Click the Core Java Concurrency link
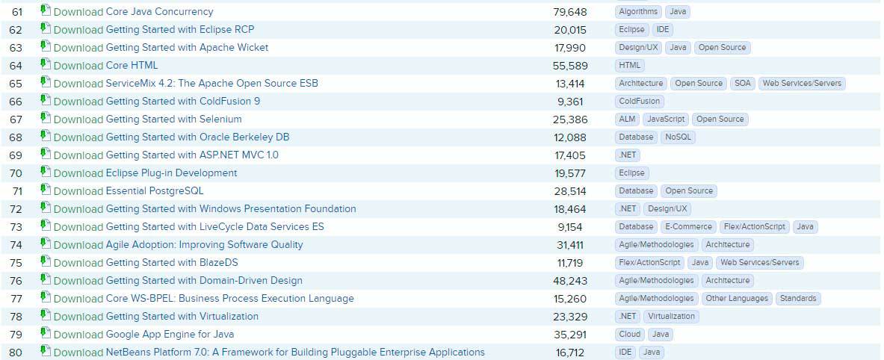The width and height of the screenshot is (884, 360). click(x=159, y=12)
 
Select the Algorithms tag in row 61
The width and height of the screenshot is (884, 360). click(x=638, y=12)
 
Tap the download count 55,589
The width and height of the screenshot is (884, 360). click(x=570, y=66)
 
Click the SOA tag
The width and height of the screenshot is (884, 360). click(x=742, y=84)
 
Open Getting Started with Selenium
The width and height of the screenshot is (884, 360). click(x=173, y=120)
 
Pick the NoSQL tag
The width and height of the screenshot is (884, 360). click(x=679, y=137)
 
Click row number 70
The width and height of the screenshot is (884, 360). click(x=16, y=173)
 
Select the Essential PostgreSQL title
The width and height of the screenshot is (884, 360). click(x=155, y=191)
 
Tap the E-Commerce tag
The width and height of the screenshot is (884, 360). click(x=688, y=227)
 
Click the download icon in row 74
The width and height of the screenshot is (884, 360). click(x=45, y=244)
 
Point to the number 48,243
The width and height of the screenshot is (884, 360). click(x=570, y=281)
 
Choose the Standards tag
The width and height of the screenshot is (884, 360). click(x=798, y=299)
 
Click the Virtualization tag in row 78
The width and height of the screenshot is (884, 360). click(x=671, y=317)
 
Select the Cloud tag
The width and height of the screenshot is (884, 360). click(x=629, y=335)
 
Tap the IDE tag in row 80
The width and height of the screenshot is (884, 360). click(x=625, y=353)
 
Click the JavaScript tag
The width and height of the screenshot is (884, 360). click(x=665, y=120)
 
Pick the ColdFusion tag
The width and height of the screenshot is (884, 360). click(x=640, y=102)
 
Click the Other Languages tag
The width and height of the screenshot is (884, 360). click(x=737, y=299)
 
